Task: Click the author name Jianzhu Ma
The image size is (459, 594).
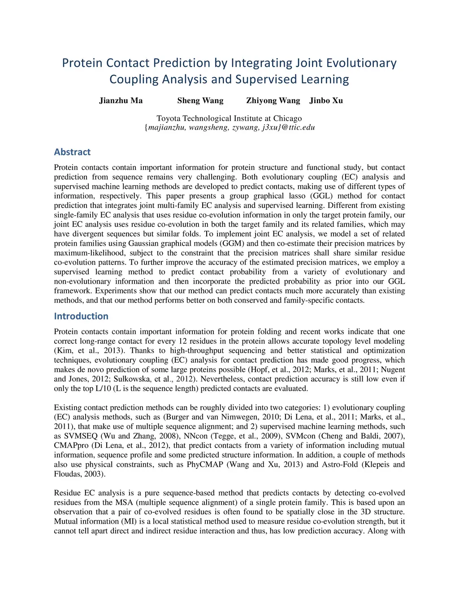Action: [121, 100]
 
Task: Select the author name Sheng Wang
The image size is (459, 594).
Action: [200, 100]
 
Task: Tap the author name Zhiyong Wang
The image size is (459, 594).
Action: [273, 100]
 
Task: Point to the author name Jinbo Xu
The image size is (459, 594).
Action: [326, 100]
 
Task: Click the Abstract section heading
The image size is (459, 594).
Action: [72, 152]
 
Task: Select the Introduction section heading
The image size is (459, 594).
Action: [81, 316]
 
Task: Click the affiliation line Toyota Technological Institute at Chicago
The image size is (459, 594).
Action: [229, 118]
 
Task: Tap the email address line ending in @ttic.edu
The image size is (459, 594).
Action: [229, 127]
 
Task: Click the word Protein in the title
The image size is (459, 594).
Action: [83, 63]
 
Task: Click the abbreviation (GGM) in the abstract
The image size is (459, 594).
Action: [232, 243]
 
